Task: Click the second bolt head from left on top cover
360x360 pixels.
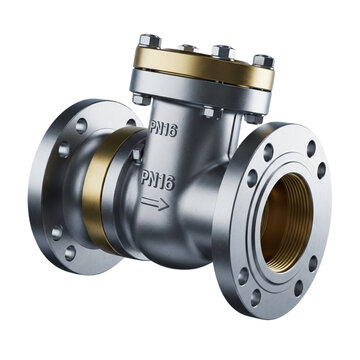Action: pos(186,47)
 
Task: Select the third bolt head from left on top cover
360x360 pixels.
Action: pos(223,51)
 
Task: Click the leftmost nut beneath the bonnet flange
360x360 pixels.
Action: pos(140,99)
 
